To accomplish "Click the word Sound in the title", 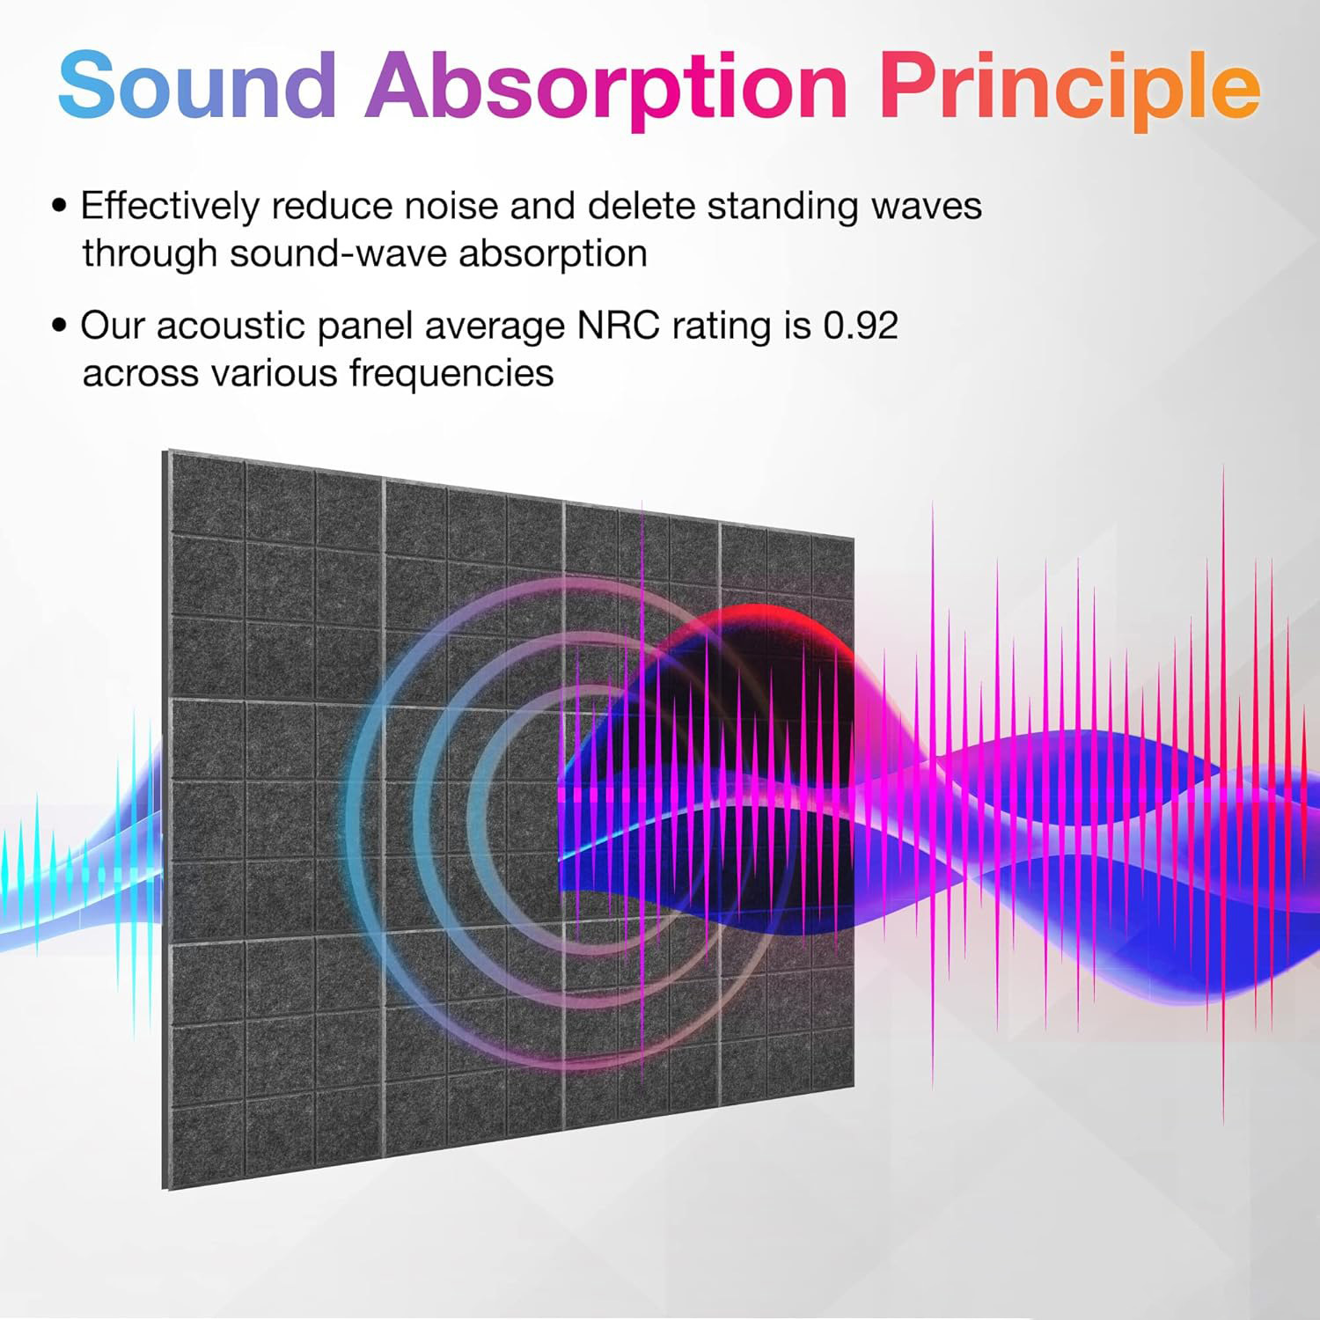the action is click(198, 84).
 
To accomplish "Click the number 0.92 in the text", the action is click(861, 326).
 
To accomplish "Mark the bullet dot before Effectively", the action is click(60, 207).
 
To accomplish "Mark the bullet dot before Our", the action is click(60, 326).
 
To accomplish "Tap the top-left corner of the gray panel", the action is click(164, 451).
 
